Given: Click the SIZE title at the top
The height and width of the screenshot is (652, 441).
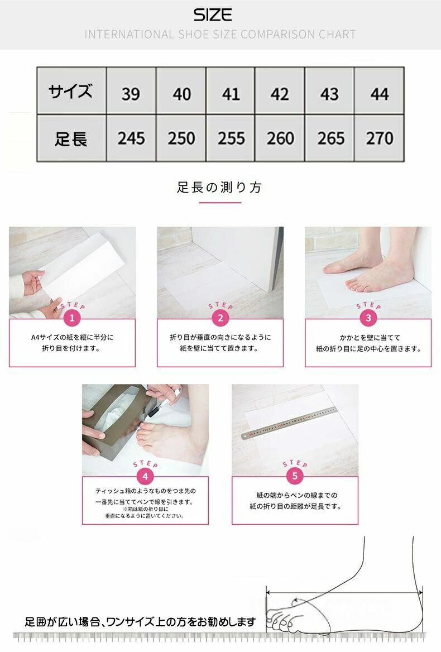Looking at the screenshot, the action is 212,15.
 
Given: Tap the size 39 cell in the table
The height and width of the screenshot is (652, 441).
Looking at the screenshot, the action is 131,91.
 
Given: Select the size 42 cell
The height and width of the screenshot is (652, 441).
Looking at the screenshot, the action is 279,91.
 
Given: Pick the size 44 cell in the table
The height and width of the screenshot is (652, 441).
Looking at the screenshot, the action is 379,91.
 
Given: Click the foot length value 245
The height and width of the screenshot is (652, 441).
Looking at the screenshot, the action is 131,138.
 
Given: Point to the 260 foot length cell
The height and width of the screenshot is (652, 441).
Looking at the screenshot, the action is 279,138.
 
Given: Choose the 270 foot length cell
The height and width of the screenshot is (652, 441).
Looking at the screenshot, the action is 379,138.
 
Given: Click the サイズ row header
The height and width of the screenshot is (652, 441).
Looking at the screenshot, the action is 71,91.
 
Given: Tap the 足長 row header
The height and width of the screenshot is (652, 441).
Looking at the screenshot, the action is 71,138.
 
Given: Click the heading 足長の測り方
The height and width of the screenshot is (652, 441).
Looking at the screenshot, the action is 219,188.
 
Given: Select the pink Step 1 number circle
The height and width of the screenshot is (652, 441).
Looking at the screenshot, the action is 73,319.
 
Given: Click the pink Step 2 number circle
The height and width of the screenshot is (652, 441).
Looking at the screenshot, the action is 220,319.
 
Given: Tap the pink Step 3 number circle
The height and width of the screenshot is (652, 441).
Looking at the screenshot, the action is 368,319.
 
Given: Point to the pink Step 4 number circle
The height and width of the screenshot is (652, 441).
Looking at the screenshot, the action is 145,476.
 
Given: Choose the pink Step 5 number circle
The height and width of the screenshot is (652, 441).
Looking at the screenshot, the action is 295,476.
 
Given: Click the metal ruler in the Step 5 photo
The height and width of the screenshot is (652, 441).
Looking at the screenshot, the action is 289,423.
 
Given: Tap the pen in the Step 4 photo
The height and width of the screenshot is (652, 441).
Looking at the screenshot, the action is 164,402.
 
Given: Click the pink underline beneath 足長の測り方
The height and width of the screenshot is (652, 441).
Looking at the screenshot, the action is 220,203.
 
